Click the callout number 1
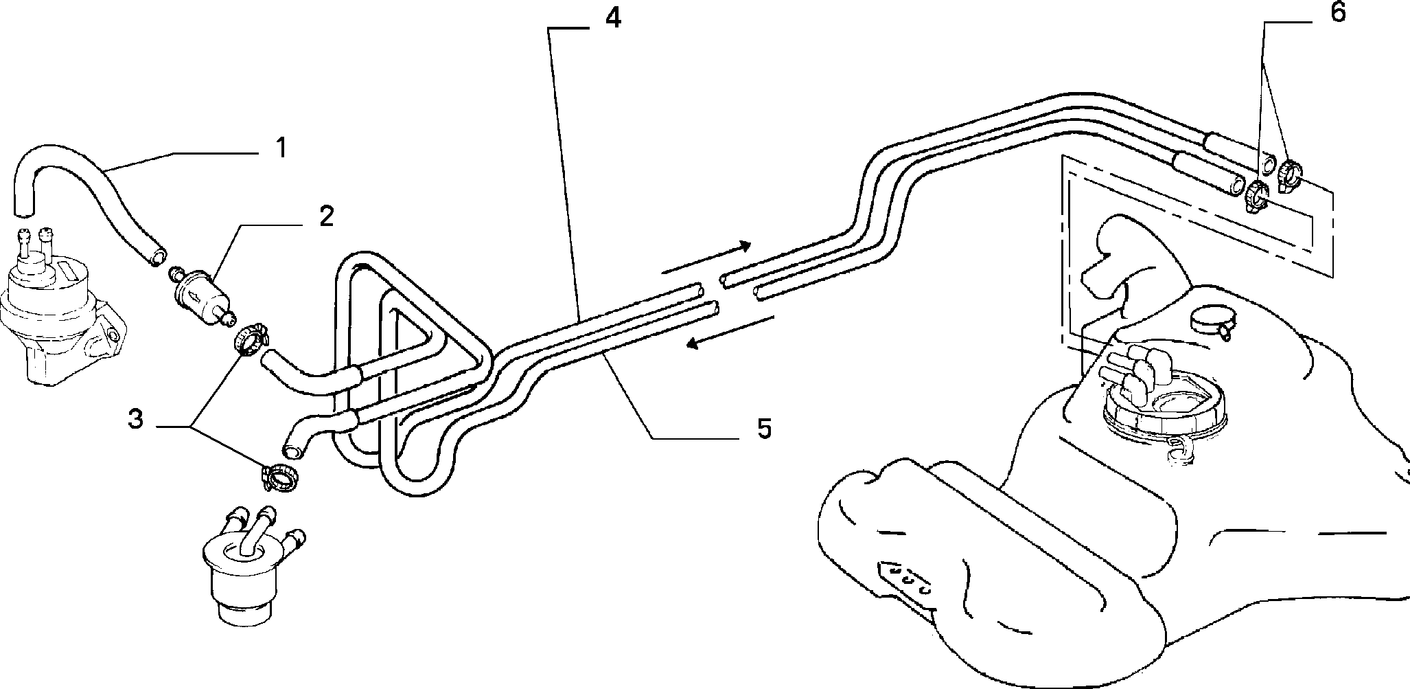point(280,148)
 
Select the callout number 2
point(326,216)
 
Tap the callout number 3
point(136,419)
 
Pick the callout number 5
point(764,429)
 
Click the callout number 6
point(1338,13)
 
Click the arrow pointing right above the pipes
point(707,258)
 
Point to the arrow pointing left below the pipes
point(730,332)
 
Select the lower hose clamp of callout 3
point(279,475)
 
